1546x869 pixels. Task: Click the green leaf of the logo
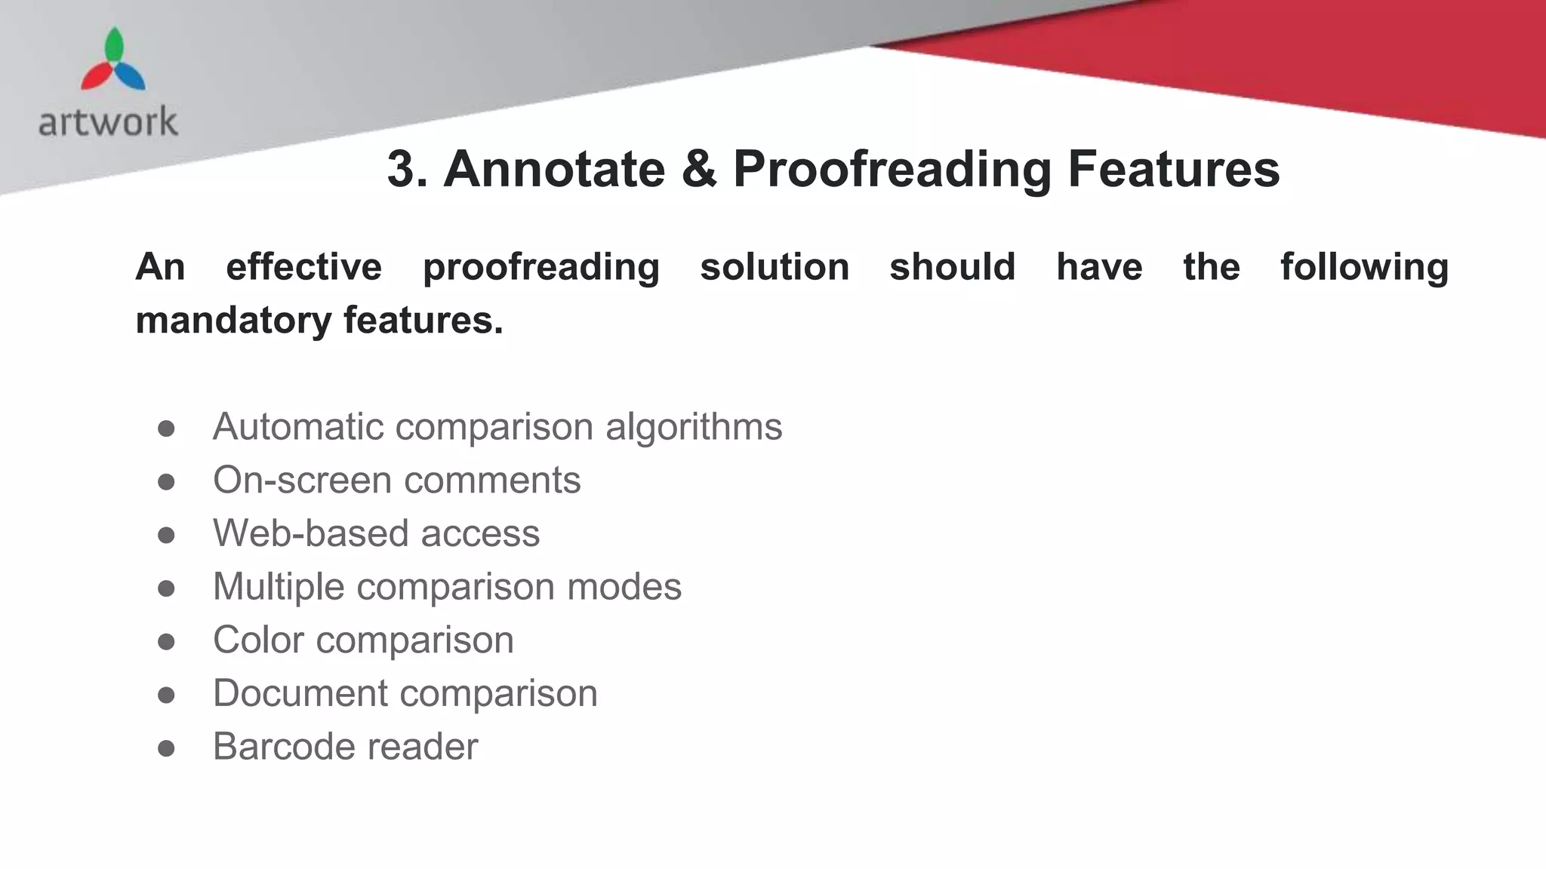(x=114, y=45)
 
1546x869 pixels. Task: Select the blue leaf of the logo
(x=131, y=76)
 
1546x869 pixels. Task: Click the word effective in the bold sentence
(x=303, y=267)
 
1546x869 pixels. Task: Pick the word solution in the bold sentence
(x=775, y=267)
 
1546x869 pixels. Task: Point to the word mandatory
(x=233, y=321)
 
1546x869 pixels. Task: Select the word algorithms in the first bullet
(x=694, y=428)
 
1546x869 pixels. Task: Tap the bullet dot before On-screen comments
(x=166, y=482)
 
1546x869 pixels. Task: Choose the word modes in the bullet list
(x=624, y=587)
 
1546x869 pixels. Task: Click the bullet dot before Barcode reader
(x=166, y=748)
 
